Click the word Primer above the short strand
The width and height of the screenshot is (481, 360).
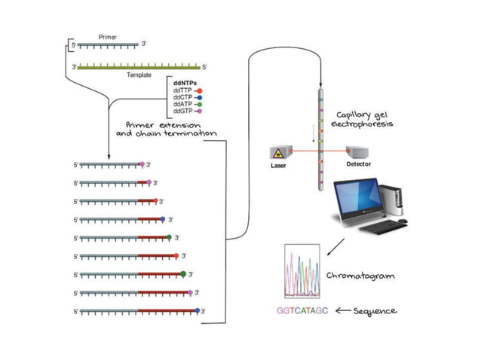pyautogui.click(x=108, y=35)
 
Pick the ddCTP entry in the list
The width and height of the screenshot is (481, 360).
pyautogui.click(x=182, y=96)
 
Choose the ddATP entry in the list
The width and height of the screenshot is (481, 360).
pyautogui.click(x=182, y=104)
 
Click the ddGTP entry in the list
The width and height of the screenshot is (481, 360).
pyautogui.click(x=182, y=111)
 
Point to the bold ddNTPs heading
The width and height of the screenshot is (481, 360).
pyautogui.click(x=185, y=81)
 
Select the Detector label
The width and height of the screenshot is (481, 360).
pyautogui.click(x=359, y=163)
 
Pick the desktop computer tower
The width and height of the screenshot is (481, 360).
pyautogui.click(x=394, y=197)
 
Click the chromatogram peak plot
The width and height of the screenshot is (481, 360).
pyautogui.click(x=303, y=267)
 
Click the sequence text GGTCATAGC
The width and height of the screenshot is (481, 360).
pyautogui.click(x=302, y=310)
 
